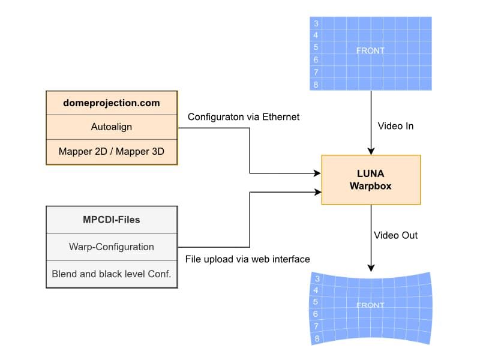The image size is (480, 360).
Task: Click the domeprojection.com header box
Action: point(112,103)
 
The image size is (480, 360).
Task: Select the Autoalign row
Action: point(112,127)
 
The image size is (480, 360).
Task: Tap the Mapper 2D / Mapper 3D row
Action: point(112,151)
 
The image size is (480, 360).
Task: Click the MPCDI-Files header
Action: point(112,220)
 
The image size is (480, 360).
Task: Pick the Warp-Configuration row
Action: point(112,247)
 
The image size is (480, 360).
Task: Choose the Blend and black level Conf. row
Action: point(112,274)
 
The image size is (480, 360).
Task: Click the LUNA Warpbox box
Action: point(371,180)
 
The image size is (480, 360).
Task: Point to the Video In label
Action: point(395,127)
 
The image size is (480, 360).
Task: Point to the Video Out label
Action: point(395,235)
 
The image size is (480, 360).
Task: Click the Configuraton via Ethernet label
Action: point(244,117)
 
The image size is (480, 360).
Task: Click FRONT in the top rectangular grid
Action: point(370,51)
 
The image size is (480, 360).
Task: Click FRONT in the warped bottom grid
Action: point(370,305)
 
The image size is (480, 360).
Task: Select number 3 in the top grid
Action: point(316,24)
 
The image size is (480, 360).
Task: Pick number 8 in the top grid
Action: point(316,85)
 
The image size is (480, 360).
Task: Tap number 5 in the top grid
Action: point(316,47)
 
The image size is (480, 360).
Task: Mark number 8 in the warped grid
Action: point(317,339)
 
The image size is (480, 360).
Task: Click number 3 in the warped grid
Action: point(317,278)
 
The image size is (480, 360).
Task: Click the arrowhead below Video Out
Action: point(371,268)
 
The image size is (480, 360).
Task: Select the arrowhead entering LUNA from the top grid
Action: point(371,151)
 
